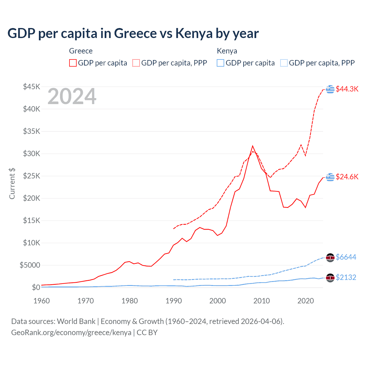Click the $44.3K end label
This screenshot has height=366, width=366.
click(347, 89)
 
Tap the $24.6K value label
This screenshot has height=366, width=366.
click(347, 177)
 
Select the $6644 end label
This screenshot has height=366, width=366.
click(346, 257)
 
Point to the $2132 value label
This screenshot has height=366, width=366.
click(346, 277)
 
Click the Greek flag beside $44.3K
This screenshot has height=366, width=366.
click(330, 89)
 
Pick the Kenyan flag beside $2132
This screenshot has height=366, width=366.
click(330, 278)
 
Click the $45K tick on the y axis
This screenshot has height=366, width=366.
click(32, 87)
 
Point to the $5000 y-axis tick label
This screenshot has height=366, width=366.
click(30, 265)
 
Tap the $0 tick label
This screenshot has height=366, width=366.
click(36, 287)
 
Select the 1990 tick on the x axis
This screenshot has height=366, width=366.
click(174, 301)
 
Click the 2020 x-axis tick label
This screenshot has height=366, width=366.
click(306, 301)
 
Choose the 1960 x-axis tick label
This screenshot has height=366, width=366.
click(42, 301)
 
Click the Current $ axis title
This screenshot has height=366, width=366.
click(12, 184)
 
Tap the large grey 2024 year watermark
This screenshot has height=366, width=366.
click(72, 97)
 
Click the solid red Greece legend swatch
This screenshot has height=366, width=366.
click(73, 63)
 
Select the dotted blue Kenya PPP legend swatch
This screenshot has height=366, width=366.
click(284, 63)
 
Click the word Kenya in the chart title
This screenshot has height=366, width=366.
click(194, 33)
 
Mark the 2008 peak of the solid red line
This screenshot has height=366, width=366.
click(252, 146)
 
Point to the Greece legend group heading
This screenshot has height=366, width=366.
click(81, 51)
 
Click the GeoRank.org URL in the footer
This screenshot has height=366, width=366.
click(71, 333)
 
